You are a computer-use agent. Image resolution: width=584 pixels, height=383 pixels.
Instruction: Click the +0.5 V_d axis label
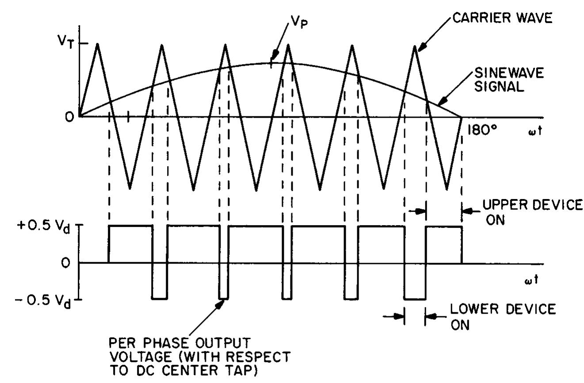tap(51, 226)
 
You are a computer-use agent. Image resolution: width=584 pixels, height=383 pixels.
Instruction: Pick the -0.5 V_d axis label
tap(50, 299)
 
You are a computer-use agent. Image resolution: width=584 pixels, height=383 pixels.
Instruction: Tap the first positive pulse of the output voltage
tap(130, 226)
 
